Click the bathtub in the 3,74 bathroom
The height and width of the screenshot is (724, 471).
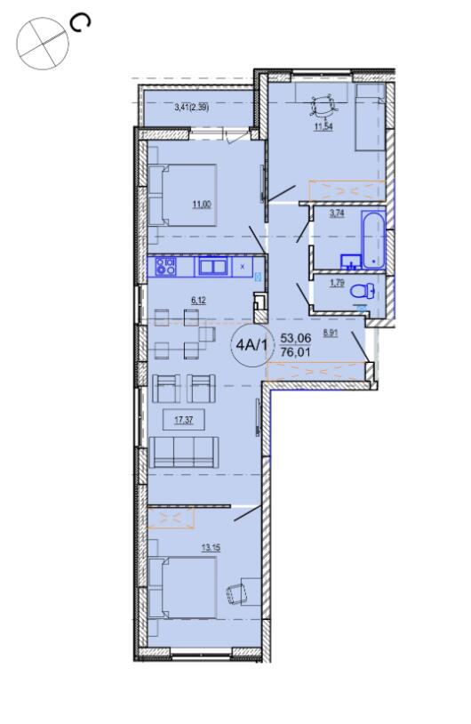[x=373, y=239]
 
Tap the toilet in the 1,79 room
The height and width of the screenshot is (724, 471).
[x=362, y=292]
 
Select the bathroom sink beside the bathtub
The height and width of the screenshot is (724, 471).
[x=351, y=261]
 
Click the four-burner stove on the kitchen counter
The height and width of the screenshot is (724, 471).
[x=165, y=267]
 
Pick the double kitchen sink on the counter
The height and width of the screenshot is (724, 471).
[x=213, y=267]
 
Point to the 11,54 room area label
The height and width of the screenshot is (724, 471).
[x=323, y=126]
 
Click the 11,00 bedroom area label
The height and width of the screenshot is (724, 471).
[x=202, y=204]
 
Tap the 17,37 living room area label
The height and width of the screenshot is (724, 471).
[x=184, y=420]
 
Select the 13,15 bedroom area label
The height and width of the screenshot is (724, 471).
[x=211, y=548]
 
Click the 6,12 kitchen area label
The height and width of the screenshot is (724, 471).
[x=198, y=300]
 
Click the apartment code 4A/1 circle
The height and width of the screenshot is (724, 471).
[x=251, y=344]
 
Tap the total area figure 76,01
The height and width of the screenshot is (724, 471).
[x=296, y=352]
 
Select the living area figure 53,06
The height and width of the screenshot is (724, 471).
[x=296, y=338]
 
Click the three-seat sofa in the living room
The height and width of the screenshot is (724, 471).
[x=184, y=452]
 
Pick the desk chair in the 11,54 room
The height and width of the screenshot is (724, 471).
[x=323, y=106]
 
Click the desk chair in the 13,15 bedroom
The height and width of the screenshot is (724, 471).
[x=236, y=593]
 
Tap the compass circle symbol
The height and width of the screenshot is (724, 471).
[x=43, y=44]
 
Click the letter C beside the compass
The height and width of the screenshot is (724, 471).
[x=80, y=23]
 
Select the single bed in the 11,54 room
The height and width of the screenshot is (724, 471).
[x=370, y=117]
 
